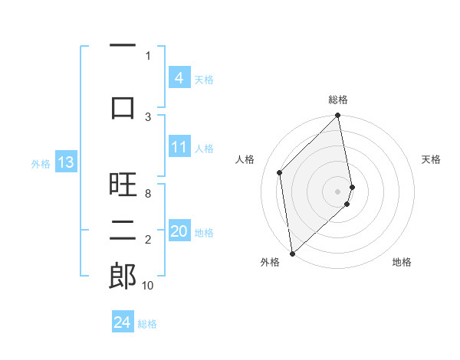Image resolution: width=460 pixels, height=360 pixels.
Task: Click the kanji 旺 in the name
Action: click(123, 185)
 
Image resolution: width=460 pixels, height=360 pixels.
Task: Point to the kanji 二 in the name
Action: click(123, 230)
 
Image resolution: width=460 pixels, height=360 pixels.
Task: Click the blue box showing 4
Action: click(179, 77)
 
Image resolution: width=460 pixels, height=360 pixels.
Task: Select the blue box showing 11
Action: click(179, 147)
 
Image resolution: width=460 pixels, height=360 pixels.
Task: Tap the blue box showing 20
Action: click(179, 231)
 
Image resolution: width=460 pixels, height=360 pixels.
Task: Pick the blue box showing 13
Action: click(65, 162)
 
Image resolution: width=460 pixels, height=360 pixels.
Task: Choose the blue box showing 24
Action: click(122, 322)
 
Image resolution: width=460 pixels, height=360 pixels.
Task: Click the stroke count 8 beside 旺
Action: click(148, 194)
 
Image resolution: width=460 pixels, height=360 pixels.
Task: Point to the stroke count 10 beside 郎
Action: click(148, 286)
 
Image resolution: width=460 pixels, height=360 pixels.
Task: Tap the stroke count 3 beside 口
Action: click(148, 116)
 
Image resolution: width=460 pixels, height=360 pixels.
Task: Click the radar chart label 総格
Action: click(338, 100)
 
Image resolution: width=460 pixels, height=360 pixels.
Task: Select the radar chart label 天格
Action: click(431, 159)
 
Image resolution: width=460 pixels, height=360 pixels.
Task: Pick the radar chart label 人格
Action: click(245, 159)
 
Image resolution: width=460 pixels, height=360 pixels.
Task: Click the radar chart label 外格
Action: click(270, 262)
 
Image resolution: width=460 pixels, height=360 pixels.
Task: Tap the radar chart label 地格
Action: click(402, 262)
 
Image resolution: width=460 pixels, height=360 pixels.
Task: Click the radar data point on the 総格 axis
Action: click(338, 116)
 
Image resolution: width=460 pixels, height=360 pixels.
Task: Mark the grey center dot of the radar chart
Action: click(338, 191)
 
